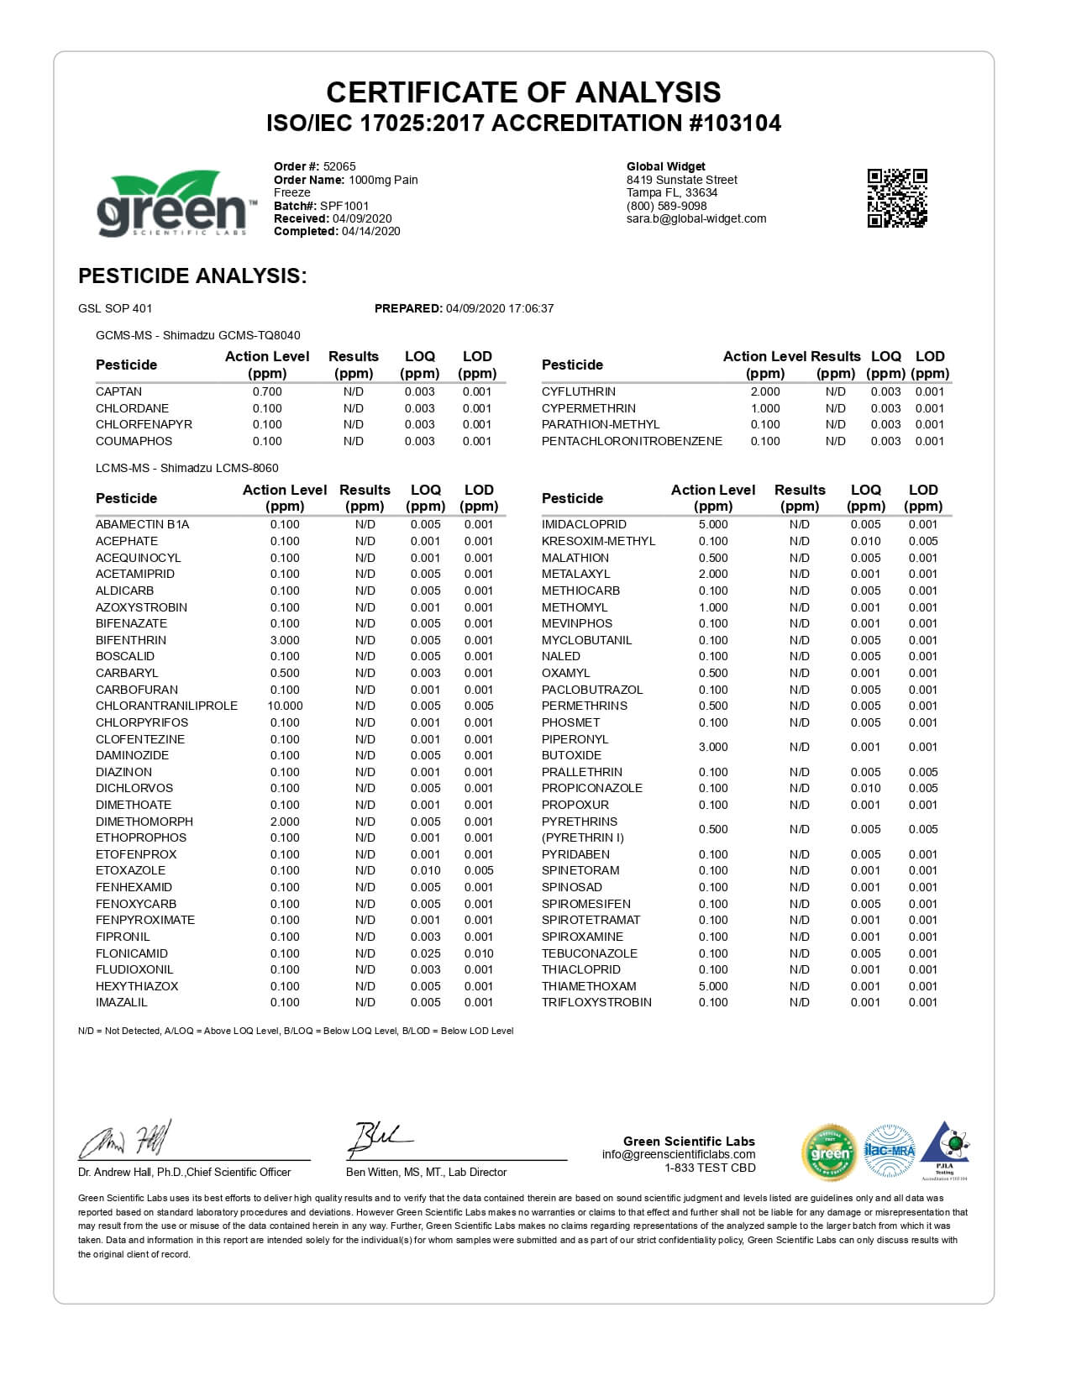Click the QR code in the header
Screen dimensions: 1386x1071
point(896,197)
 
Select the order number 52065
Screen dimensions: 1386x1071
point(339,166)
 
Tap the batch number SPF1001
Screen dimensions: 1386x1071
point(344,206)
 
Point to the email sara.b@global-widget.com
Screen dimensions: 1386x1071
point(696,218)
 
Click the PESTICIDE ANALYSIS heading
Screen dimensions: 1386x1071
point(192,276)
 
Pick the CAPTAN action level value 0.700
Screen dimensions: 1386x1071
point(267,391)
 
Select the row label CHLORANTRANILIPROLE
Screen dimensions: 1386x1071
point(166,706)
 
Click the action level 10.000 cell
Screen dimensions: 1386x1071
point(285,706)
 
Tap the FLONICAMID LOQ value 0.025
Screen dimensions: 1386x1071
point(425,953)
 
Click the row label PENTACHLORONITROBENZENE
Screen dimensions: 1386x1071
point(632,441)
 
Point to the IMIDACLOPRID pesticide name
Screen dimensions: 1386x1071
point(584,524)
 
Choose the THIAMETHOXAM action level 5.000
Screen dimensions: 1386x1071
point(713,986)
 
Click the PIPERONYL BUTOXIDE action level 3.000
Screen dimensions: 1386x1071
point(713,747)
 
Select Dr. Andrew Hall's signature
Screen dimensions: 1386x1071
point(126,1139)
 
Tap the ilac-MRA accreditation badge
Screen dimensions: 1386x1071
point(889,1150)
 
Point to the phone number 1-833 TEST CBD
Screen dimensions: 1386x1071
point(710,1168)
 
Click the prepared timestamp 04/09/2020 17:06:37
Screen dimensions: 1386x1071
point(500,308)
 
